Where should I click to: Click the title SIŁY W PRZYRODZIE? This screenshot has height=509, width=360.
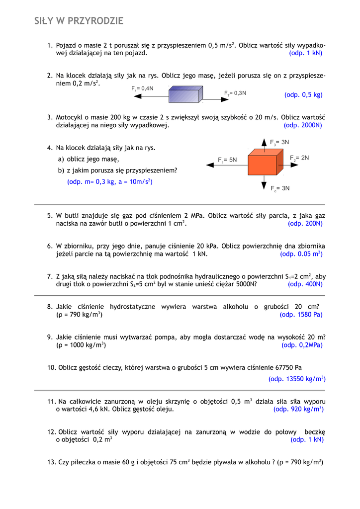coord(79,21)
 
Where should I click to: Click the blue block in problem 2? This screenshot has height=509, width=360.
coord(185,94)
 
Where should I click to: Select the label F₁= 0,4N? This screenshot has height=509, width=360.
coord(142,88)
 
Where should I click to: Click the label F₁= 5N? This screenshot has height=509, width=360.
coord(227,160)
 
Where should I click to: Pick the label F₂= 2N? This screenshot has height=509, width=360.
coord(300,158)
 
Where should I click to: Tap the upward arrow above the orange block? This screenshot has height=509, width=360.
coord(264,143)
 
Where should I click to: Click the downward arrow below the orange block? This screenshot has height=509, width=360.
coord(264,183)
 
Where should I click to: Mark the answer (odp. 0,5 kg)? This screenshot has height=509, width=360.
coord(303,94)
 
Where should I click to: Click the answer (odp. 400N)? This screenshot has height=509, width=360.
coord(305,284)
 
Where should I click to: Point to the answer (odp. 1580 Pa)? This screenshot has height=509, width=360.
coord(301,315)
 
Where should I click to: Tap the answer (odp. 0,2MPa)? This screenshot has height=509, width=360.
coord(302,345)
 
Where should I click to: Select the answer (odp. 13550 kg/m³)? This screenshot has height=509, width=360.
coord(297,379)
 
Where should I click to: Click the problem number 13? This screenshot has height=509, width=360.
coord(51,462)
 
